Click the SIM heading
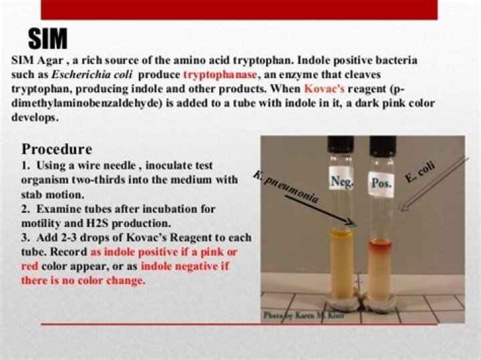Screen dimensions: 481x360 click(x=48, y=39)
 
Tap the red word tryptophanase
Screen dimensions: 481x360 click(x=220, y=75)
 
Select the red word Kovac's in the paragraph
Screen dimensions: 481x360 click(x=324, y=89)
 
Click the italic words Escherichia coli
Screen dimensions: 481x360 click(x=92, y=75)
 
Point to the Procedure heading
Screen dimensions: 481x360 click(x=57, y=150)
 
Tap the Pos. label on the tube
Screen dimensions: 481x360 click(x=381, y=183)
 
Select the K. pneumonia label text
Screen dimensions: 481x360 click(x=286, y=188)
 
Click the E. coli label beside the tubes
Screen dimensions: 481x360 click(x=420, y=172)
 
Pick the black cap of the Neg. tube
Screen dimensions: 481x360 click(x=341, y=144)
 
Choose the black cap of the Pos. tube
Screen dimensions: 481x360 click(x=383, y=146)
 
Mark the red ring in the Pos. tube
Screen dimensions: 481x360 click(x=380, y=244)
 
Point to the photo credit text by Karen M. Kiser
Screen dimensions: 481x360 click(x=304, y=315)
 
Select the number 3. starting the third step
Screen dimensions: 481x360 click(x=26, y=238)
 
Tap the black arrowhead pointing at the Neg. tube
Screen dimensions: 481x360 click(x=351, y=222)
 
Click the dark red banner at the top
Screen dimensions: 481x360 click(x=239, y=10)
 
